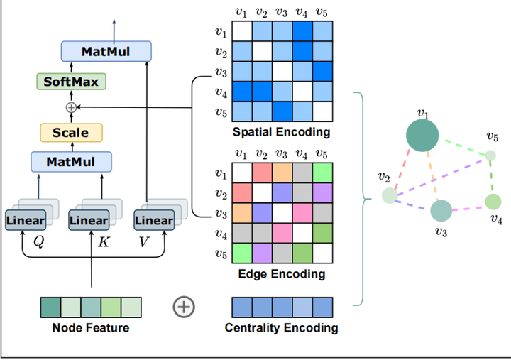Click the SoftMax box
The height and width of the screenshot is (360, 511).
tap(72, 82)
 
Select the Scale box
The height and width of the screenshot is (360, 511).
tap(71, 133)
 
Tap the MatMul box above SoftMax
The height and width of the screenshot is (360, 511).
tap(106, 51)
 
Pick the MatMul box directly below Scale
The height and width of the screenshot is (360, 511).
tap(71, 162)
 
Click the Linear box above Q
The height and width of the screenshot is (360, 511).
tap(26, 220)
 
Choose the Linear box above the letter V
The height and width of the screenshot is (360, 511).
tap(154, 220)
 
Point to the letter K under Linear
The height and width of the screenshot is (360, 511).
tap(103, 241)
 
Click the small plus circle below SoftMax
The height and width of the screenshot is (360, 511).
tap(71, 107)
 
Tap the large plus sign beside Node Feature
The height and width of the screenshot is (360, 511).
tap(184, 307)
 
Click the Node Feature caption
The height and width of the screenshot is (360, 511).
tap(91, 328)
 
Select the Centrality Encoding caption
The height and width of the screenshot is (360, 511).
tap(281, 328)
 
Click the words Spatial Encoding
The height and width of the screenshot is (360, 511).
tap(282, 132)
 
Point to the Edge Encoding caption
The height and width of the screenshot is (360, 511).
tap(282, 273)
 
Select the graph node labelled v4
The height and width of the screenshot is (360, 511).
tap(493, 202)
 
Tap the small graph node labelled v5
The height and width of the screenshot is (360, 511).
tap(490, 155)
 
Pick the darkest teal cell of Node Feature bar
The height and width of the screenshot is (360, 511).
tap(50, 307)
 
